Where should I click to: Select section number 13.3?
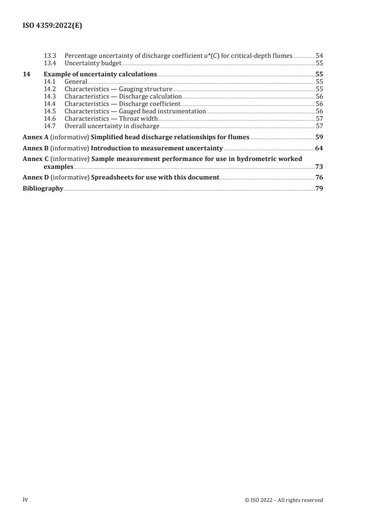tap(49, 56)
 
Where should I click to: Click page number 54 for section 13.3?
tap(319, 56)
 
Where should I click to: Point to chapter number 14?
tap(26, 74)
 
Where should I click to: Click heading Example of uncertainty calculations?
tap(100, 74)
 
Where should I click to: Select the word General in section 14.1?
tap(76, 81)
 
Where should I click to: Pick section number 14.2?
tap(49, 89)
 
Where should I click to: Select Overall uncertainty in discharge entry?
tap(112, 126)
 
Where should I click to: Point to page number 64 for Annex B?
tap(319, 148)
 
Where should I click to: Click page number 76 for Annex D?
tap(319, 177)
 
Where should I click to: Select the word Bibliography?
tap(43, 188)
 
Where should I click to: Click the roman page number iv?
tap(25, 500)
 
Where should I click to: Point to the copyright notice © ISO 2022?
tap(284, 500)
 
